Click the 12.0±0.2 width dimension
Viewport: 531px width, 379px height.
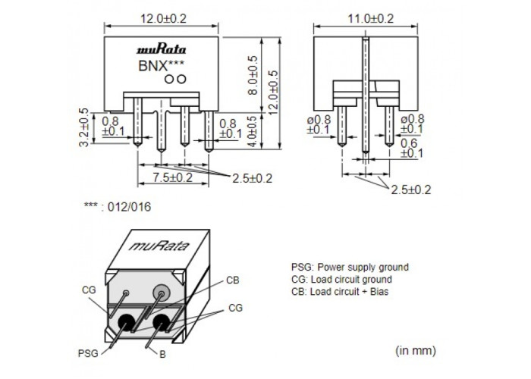click(x=163, y=18)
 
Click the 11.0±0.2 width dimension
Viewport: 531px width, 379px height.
click(x=370, y=18)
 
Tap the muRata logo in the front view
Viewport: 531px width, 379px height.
click(x=161, y=50)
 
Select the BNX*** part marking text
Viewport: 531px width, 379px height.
click(x=161, y=65)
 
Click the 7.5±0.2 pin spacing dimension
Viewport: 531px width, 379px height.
click(x=172, y=177)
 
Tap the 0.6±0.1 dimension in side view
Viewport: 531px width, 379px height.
click(x=411, y=148)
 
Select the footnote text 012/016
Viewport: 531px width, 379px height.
click(x=129, y=207)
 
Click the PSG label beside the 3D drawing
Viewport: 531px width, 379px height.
click(x=88, y=353)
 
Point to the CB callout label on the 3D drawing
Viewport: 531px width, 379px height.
click(x=233, y=280)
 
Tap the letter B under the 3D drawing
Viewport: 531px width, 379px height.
click(x=162, y=354)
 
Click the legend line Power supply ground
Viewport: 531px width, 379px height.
click(x=350, y=267)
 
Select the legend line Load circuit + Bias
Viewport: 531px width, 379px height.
click(x=340, y=291)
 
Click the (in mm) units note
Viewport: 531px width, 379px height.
click(x=416, y=350)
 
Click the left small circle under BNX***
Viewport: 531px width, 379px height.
click(x=168, y=79)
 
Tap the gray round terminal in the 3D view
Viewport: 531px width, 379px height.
click(x=161, y=292)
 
